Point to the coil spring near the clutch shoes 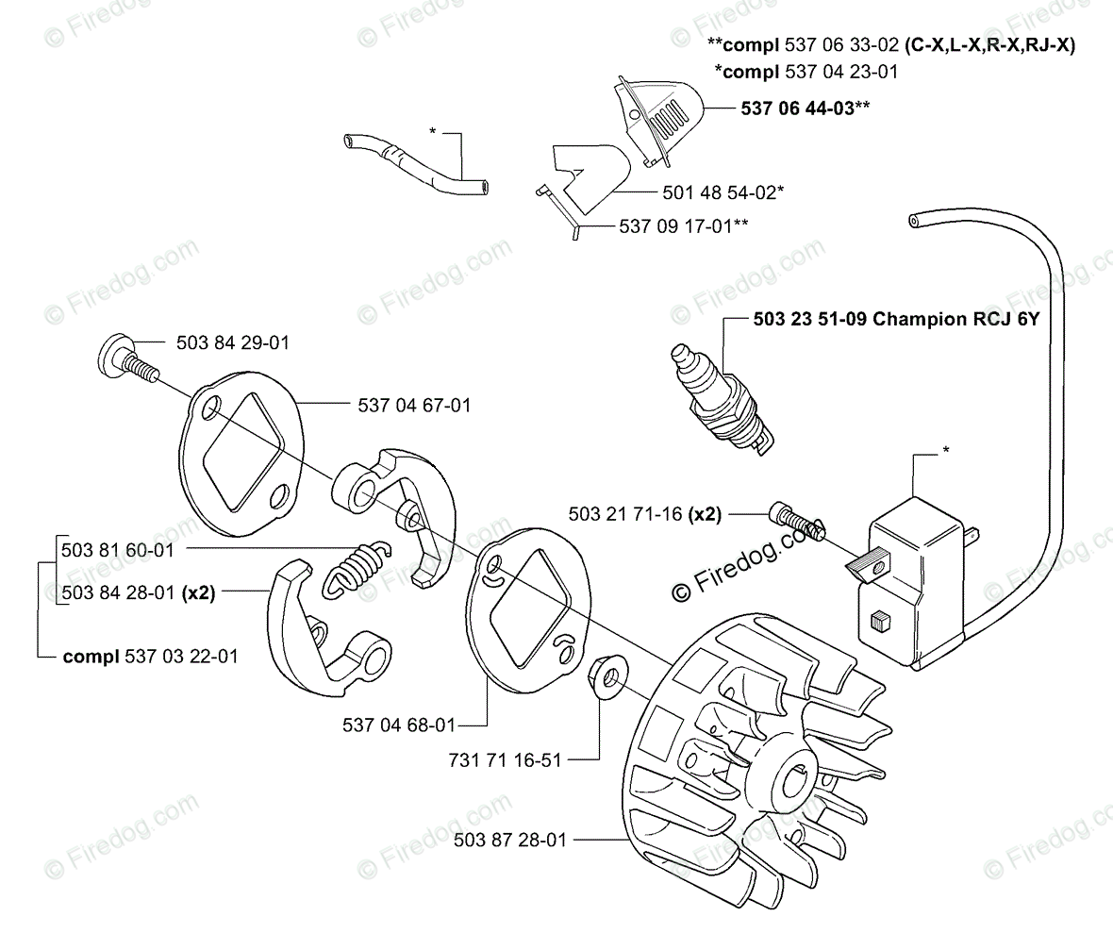coord(353,569)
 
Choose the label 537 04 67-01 coord(414,405)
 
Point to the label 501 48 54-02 coord(722,192)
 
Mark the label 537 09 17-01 coord(677,226)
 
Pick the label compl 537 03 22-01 coord(150,656)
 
